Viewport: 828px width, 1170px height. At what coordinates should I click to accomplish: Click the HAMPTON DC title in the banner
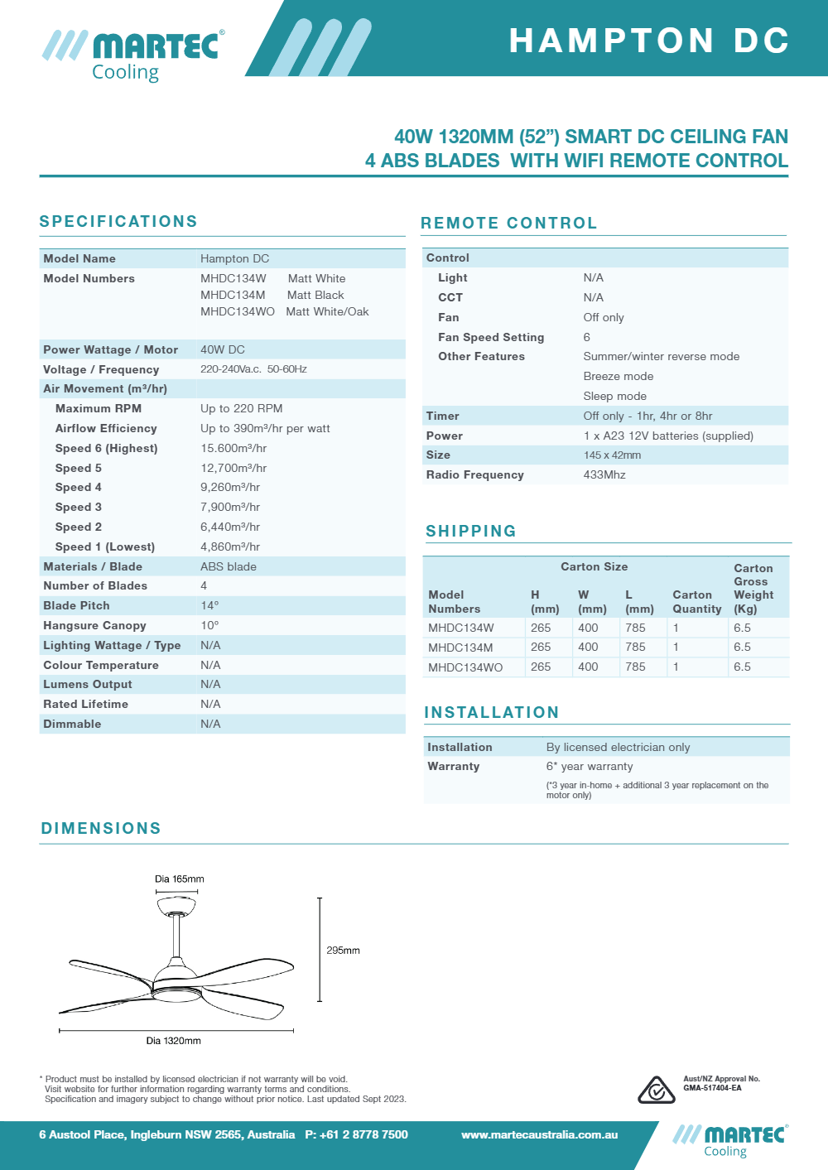[x=649, y=41]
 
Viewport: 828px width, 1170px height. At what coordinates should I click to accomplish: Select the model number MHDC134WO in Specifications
[x=237, y=312]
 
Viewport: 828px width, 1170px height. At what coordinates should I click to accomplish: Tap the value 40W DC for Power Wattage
[x=223, y=349]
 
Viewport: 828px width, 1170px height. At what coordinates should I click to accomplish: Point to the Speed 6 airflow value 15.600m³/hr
[x=233, y=448]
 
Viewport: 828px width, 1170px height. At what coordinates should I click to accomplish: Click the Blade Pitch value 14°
[x=209, y=605]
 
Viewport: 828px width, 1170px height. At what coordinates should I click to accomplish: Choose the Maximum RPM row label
[x=99, y=408]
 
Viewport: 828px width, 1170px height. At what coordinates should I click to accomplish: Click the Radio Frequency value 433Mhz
[x=604, y=474]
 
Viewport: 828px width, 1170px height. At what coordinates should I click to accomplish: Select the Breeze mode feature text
[x=619, y=376]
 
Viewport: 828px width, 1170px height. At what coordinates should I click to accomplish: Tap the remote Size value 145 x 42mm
[x=612, y=455]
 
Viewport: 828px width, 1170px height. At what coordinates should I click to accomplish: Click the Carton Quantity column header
[x=696, y=602]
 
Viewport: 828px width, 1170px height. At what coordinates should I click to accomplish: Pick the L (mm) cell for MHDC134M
[x=635, y=647]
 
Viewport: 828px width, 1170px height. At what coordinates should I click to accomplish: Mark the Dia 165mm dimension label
[x=179, y=879]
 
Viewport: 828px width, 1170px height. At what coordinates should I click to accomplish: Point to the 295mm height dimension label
[x=343, y=951]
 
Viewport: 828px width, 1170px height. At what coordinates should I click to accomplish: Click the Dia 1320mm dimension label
[x=173, y=1041]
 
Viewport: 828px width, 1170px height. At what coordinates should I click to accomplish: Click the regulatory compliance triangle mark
[x=656, y=1090]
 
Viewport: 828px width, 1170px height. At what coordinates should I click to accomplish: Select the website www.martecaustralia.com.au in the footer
[x=539, y=1135]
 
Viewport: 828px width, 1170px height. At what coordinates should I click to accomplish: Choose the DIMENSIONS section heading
[x=101, y=829]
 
